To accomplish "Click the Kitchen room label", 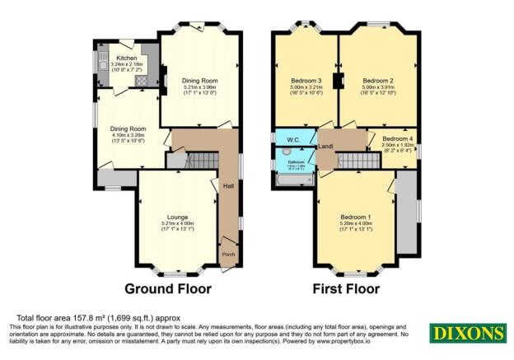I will (126, 58).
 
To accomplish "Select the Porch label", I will (228, 255).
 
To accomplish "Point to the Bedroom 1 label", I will (356, 218).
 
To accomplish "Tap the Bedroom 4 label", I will (398, 139).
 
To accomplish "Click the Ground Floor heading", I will (167, 289).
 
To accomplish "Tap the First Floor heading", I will (345, 289).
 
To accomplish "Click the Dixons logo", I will (465, 333).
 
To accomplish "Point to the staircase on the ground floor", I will (194, 159).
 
